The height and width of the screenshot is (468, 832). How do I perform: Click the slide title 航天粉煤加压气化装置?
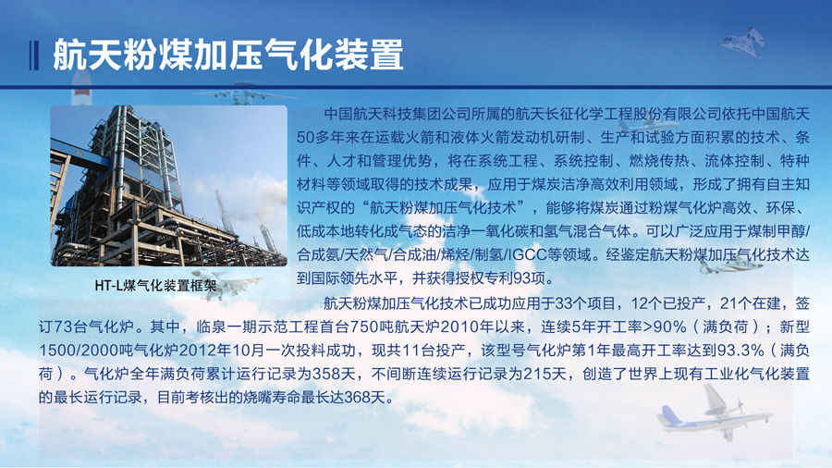pos(228,55)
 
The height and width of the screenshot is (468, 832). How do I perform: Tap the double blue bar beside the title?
pos(34,55)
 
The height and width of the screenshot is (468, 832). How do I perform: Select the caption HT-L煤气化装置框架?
pos(155,286)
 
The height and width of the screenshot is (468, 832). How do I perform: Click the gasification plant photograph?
pos(169,186)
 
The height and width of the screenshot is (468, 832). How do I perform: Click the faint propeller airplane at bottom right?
pos(714,412)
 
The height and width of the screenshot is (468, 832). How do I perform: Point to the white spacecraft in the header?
pos(743,41)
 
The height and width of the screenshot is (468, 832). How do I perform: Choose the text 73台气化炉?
pos(86,326)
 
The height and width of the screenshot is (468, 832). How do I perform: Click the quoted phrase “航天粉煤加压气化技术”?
pos(444,207)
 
